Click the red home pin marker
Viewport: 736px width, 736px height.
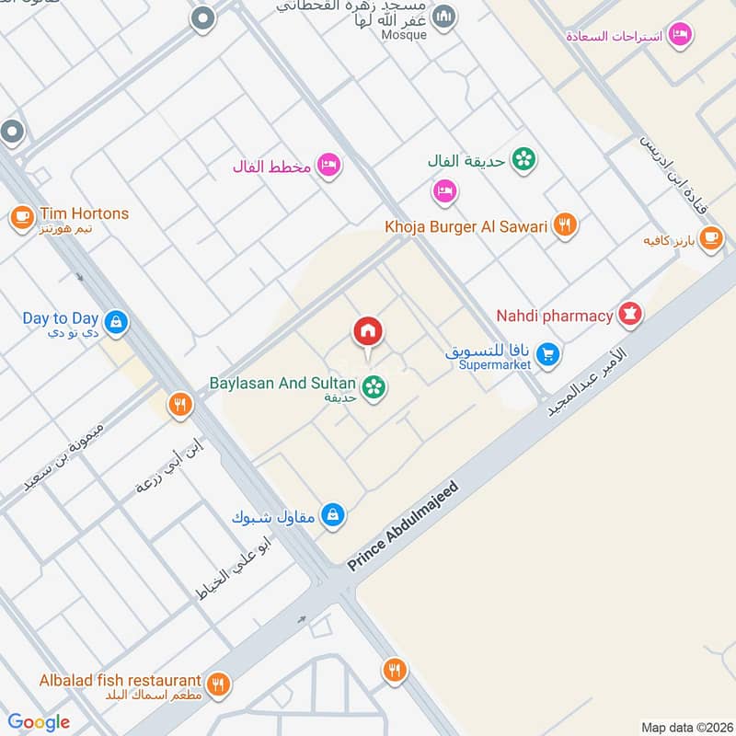coord(368,331)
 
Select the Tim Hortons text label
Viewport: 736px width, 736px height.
coord(84,213)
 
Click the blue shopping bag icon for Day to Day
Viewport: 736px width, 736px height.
coord(116,321)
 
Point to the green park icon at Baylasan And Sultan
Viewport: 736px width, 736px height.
coord(374,388)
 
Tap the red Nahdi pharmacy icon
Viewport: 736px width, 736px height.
coord(631,315)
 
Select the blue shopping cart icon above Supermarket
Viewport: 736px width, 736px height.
coord(548,353)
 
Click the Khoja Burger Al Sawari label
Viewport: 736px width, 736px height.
coord(466,226)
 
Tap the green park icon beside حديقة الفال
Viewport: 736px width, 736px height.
coord(524,159)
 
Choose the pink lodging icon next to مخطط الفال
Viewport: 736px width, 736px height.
coord(328,166)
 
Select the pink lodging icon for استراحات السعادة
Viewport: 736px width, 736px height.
coord(680,34)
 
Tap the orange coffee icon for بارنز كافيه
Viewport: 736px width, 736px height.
coord(710,238)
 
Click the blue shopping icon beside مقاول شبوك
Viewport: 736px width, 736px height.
coord(335,515)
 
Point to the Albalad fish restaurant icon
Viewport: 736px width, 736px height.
coord(218,683)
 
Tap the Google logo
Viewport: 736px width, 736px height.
coord(39,722)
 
